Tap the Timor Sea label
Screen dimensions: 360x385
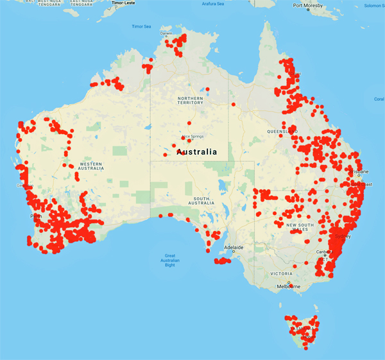pos(141,26)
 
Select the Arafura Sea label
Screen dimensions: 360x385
pos(212,3)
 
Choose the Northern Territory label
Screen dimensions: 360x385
pos(191,99)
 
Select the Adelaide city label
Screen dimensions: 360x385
pos(233,247)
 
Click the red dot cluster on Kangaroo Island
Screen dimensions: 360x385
pos(223,261)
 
